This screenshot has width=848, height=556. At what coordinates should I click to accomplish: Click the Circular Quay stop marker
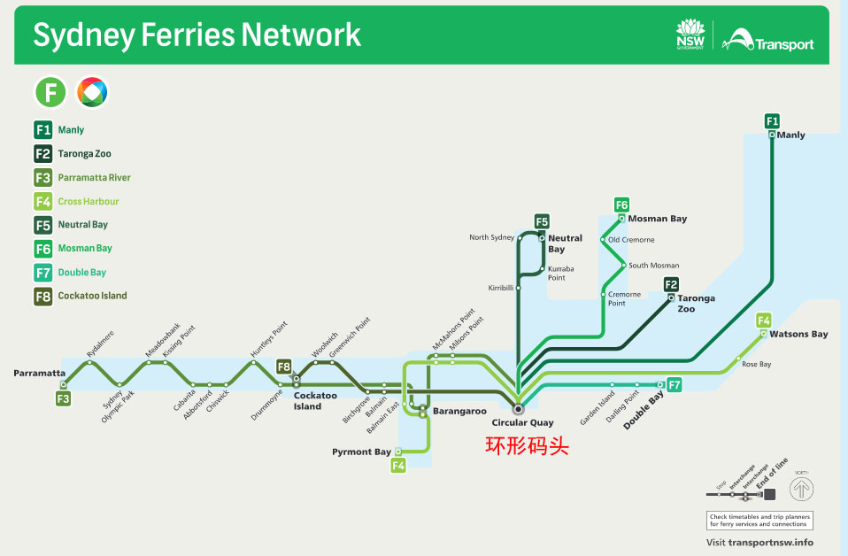click(x=519, y=409)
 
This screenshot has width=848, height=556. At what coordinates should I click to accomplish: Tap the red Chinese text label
click(x=527, y=446)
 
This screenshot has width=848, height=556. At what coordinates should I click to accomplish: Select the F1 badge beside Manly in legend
click(x=43, y=130)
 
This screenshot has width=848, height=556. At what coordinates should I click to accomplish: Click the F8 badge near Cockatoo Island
click(x=284, y=367)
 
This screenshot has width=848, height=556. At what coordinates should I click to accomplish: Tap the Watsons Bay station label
click(x=798, y=335)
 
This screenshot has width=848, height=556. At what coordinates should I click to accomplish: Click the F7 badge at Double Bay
click(x=675, y=385)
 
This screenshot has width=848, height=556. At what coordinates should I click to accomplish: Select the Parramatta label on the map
click(x=39, y=373)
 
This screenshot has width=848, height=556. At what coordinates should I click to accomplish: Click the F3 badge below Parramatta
click(x=63, y=399)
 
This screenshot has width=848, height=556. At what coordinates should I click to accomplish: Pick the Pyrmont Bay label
click(x=361, y=452)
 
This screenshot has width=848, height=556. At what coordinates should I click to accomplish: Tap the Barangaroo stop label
click(x=459, y=411)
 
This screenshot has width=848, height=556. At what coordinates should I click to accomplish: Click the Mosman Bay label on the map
click(x=658, y=219)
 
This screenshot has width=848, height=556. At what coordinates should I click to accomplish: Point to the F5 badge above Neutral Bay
click(x=542, y=221)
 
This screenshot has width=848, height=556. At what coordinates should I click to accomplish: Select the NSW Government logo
click(x=690, y=35)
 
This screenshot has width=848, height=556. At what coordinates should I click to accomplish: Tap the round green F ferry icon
click(x=50, y=91)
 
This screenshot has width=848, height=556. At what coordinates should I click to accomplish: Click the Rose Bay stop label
click(x=756, y=365)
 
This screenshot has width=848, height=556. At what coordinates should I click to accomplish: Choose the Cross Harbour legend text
click(x=89, y=202)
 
